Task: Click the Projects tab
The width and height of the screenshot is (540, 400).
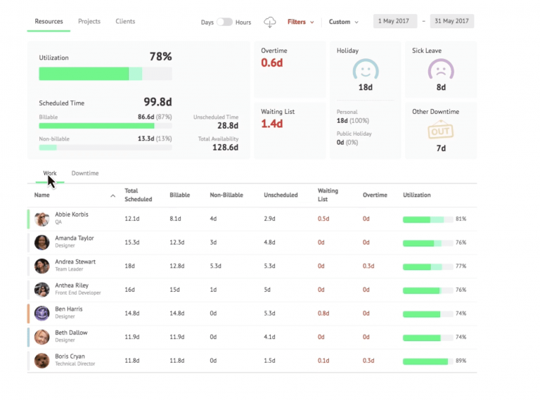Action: (x=89, y=22)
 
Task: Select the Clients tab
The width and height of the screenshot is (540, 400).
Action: (x=125, y=22)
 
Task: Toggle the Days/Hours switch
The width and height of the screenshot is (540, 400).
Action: (x=224, y=22)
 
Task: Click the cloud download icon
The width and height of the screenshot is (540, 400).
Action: (x=270, y=22)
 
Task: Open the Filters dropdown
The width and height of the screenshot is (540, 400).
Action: (x=300, y=22)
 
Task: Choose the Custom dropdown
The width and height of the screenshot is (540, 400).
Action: (x=343, y=22)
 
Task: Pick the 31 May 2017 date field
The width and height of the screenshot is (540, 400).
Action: (x=451, y=21)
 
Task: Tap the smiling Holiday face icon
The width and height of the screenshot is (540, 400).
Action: (x=365, y=70)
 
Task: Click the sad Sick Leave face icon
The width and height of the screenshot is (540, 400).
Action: (x=441, y=70)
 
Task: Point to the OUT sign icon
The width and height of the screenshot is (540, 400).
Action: (x=441, y=131)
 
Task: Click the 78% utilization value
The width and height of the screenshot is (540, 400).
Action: (x=160, y=57)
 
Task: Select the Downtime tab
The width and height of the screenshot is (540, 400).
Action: (x=85, y=173)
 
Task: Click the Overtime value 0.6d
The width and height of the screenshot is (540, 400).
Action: (x=271, y=63)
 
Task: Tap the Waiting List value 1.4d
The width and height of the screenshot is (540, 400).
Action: (x=271, y=124)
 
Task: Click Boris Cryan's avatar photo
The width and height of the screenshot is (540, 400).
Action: (x=42, y=360)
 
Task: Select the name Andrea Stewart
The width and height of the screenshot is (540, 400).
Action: (x=75, y=262)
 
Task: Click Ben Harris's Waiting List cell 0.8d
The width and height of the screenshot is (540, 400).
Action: (x=323, y=314)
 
